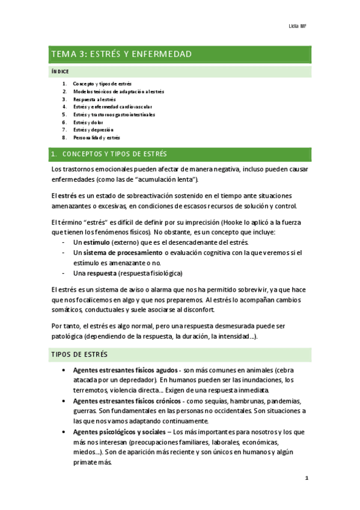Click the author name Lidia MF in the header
pos(298,27)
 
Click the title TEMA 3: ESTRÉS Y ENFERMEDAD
pos(122,55)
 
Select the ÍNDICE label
pos(60,72)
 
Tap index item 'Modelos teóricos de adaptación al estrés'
pos(118,91)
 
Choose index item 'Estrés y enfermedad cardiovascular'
pos(108,106)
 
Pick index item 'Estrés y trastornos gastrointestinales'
pos(114,114)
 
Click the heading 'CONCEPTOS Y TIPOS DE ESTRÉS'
pos(115,155)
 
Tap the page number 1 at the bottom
pos(307,479)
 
